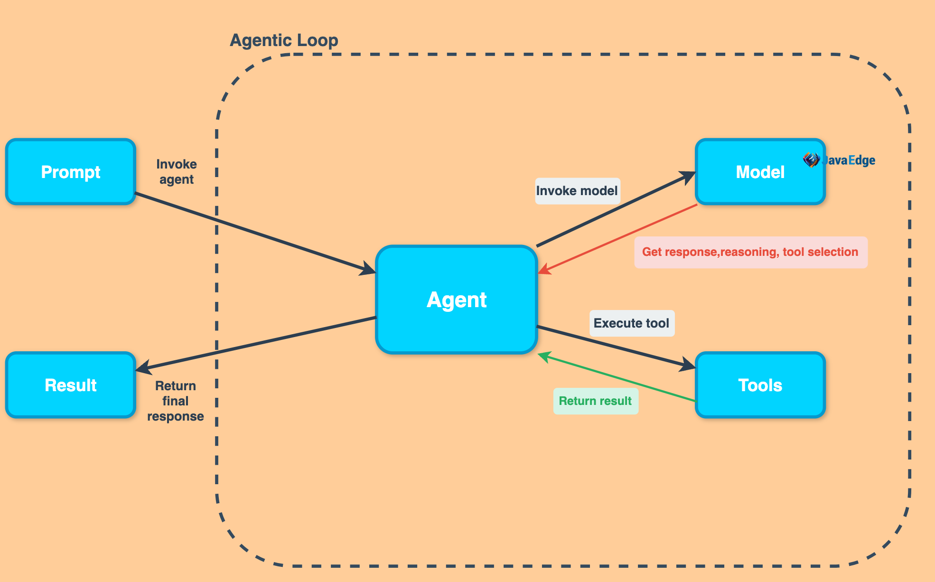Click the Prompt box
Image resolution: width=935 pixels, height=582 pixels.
pos(71,172)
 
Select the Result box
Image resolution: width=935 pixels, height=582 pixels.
pos(71,385)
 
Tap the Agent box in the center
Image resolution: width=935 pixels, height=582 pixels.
pos(456,300)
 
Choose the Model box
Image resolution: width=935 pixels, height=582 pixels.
pos(760,172)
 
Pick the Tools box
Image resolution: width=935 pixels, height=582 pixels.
pos(760,385)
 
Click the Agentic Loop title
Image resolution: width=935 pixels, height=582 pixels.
pos(284,40)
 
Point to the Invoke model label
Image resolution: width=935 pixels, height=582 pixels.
pos(577,191)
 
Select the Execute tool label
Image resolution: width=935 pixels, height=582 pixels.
pos(631,323)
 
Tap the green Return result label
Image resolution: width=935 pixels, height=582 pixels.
pos(595,401)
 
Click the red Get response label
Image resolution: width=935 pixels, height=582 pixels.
pos(750,252)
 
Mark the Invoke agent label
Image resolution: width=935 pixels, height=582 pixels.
pos(177,172)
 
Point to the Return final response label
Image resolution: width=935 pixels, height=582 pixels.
pos(176,401)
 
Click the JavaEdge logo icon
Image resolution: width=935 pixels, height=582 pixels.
pos(811,160)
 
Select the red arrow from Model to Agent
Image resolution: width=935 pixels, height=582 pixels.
pos(617,239)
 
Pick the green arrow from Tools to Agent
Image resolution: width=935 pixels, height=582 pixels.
pos(617,377)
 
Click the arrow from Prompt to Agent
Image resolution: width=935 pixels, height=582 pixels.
pos(256,234)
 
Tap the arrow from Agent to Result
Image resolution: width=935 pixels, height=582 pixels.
pos(256,344)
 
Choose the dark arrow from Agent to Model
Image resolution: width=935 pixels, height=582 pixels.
pos(617,209)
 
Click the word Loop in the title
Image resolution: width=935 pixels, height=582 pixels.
pos(318,40)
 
